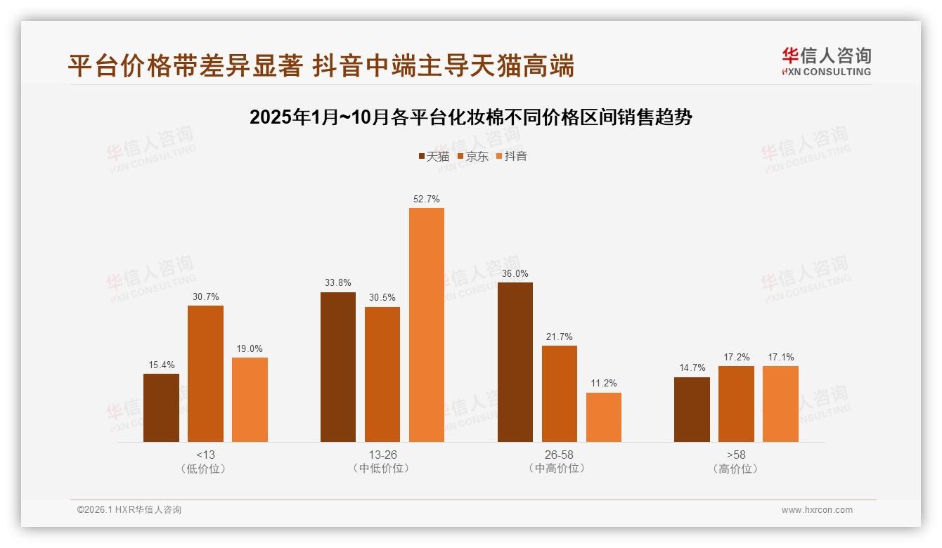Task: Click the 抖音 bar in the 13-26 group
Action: (x=427, y=325)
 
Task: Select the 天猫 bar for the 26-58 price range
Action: (x=515, y=362)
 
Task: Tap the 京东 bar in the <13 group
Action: (x=205, y=373)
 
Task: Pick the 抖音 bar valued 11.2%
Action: (x=604, y=417)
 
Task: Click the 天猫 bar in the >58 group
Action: (x=692, y=409)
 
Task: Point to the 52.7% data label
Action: (x=427, y=200)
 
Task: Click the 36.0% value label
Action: (x=515, y=274)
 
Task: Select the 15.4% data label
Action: (x=161, y=365)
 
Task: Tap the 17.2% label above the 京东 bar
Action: (x=736, y=358)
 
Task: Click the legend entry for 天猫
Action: (x=434, y=157)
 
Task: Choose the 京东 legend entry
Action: (x=473, y=157)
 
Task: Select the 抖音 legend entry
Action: (x=512, y=157)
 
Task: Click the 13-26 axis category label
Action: (x=382, y=455)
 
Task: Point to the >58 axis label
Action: (x=736, y=455)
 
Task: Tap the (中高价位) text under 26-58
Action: (x=560, y=469)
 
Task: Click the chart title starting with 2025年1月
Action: (x=471, y=117)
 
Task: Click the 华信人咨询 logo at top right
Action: (x=826, y=61)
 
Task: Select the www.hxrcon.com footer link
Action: (x=817, y=510)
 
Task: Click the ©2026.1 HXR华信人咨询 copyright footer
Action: (x=129, y=510)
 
